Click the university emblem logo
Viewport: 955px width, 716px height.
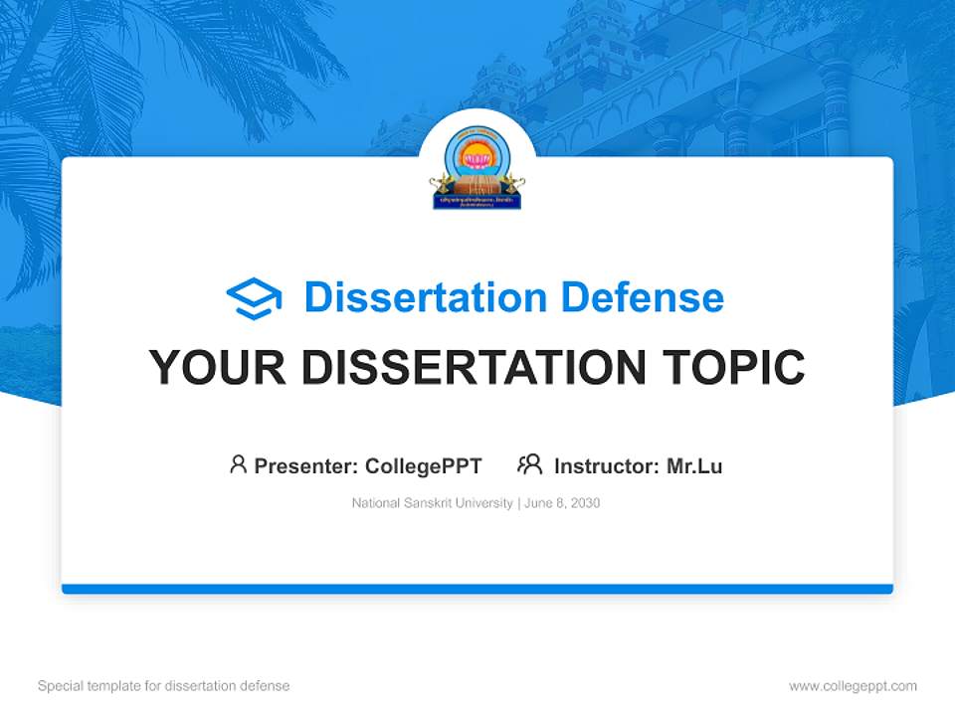coord(477,167)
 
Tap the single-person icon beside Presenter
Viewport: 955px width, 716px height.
coord(238,464)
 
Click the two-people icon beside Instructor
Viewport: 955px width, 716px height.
coord(529,464)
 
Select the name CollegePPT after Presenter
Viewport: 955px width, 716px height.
coord(424,465)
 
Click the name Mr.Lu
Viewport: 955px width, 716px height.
coord(694,465)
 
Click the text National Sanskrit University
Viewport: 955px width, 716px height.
coord(432,503)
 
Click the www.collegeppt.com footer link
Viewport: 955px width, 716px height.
coord(853,686)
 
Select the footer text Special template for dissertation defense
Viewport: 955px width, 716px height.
coord(163,686)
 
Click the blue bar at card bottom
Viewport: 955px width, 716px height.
coord(477,589)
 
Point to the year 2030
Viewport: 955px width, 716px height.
coord(584,503)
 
